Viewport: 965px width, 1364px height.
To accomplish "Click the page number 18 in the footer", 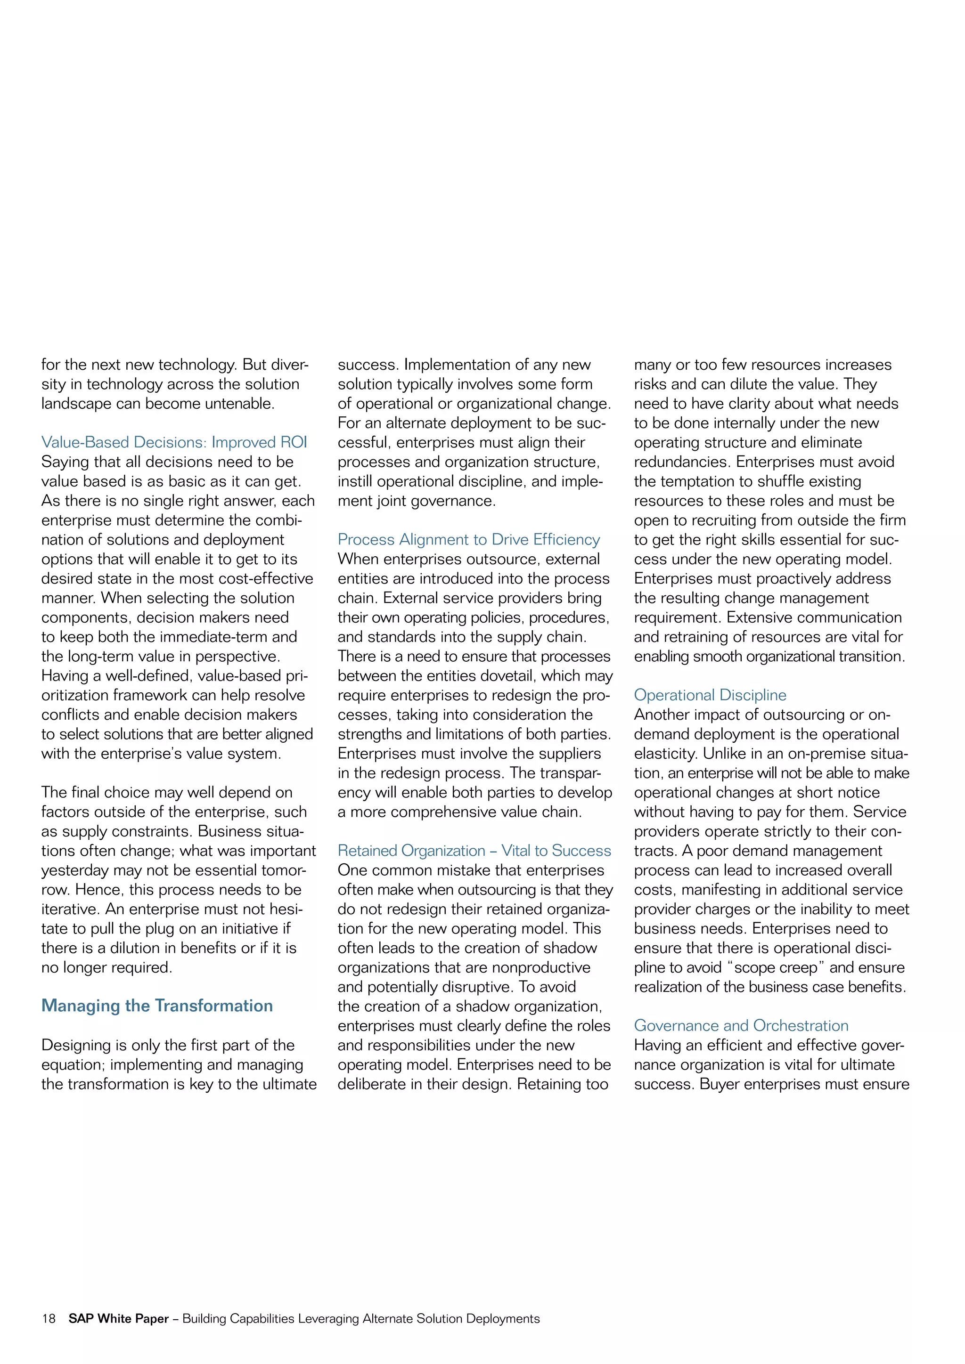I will pyautogui.click(x=48, y=1318).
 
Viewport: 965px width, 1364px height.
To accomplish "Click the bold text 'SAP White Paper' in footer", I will pyautogui.click(x=118, y=1318).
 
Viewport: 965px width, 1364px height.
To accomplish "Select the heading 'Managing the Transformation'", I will pyautogui.click(x=157, y=1005).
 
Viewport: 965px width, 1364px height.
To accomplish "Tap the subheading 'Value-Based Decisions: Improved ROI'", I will pyautogui.click(x=174, y=442).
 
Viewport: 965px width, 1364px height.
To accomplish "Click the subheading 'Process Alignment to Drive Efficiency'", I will pyautogui.click(x=468, y=539).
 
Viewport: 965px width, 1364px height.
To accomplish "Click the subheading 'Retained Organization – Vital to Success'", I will pyautogui.click(x=474, y=850).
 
